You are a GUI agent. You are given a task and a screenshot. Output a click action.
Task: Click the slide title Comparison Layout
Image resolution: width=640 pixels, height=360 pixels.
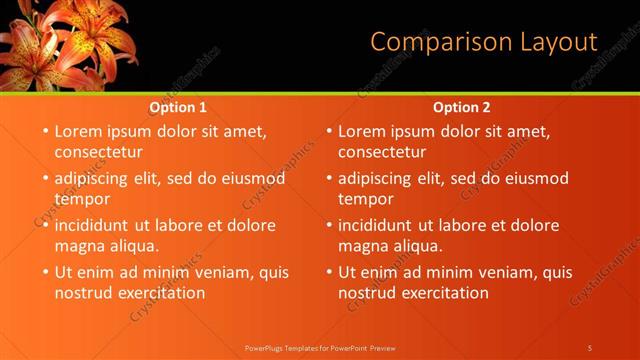(x=483, y=42)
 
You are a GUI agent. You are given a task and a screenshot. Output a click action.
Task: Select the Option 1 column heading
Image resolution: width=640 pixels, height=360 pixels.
(x=178, y=107)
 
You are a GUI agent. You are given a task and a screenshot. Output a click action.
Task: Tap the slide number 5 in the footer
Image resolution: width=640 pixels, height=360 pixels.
(x=590, y=347)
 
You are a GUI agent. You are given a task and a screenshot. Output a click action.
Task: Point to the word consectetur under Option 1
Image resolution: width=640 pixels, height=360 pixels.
(x=98, y=152)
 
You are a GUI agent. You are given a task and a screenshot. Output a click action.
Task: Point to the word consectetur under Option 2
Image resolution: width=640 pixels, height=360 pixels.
(x=382, y=152)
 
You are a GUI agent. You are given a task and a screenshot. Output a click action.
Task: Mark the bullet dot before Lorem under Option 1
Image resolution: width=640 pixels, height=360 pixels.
(x=45, y=131)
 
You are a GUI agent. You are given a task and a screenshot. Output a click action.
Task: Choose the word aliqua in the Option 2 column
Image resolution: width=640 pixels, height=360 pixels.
(x=417, y=245)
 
